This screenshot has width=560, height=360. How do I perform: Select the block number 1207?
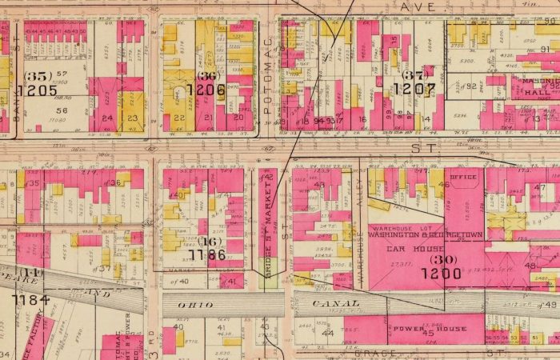coord(413,90)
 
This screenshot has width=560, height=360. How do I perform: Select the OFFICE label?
coord(462,178)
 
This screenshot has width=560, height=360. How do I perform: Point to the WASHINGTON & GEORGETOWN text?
coord(424,235)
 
